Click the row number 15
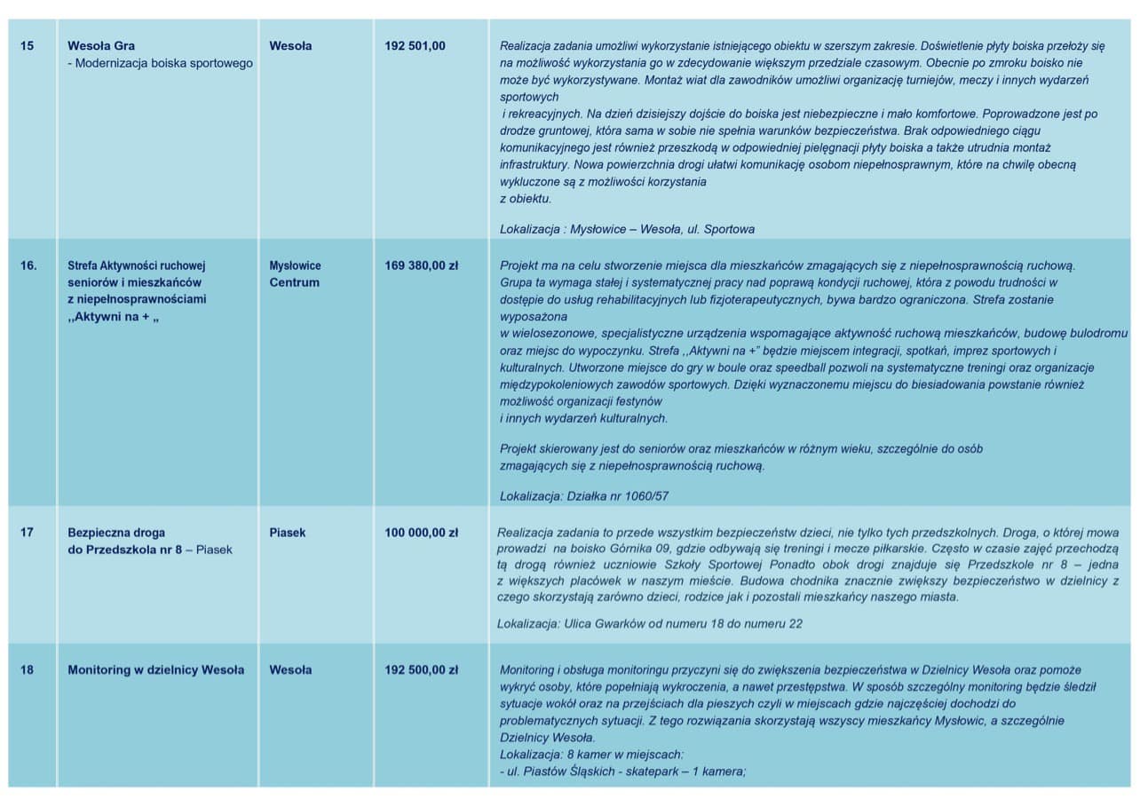[27, 46]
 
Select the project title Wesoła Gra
[101, 46]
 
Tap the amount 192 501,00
[415, 46]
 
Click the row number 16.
[28, 265]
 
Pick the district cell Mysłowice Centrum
[295, 274]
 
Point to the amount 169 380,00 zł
[421, 265]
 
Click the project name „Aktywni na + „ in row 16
[113, 317]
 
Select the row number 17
[27, 533]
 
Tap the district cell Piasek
[287, 533]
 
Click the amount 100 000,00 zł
[421, 533]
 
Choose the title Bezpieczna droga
[116, 533]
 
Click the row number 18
[27, 670]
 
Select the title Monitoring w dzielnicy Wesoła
[155, 670]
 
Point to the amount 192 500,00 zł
[421, 670]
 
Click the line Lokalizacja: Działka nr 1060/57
[583, 496]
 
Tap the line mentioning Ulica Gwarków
[649, 624]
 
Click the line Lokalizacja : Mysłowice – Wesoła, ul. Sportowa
[627, 229]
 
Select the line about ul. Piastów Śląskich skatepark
[622, 771]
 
